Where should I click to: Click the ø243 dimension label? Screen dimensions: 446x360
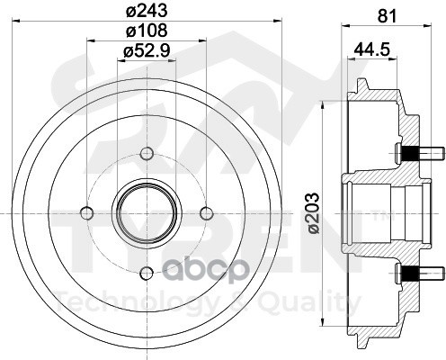point(147,11)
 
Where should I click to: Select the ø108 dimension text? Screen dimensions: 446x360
point(147,31)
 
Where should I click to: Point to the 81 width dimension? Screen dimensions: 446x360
point(387,15)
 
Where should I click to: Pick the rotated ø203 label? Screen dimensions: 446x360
point(313,213)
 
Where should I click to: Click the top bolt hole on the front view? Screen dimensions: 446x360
point(147,154)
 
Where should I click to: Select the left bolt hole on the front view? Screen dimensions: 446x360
point(87,213)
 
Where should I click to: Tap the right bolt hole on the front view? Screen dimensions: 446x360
point(207,213)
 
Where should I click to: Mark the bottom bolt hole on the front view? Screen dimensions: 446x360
point(147,273)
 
